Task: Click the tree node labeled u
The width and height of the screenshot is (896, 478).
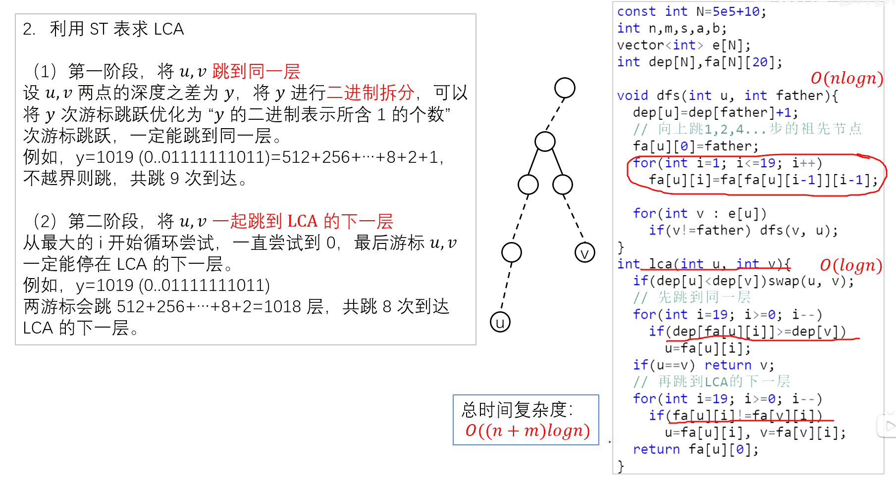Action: coord(500,322)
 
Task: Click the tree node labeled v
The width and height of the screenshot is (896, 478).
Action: coord(584,253)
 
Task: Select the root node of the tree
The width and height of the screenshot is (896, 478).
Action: coord(565,88)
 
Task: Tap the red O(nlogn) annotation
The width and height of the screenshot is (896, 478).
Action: coord(846,78)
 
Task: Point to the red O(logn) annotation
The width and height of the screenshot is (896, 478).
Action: coord(850,265)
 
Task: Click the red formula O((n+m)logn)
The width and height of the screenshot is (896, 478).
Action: coord(527,430)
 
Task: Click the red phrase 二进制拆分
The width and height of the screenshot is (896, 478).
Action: coord(370,93)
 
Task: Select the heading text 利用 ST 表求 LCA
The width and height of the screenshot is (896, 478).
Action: coord(117,29)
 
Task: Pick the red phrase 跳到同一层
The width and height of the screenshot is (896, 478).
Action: coord(256,71)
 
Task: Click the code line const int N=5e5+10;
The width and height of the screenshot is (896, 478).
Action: coord(691,11)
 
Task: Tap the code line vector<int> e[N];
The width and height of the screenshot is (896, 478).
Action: coord(684,45)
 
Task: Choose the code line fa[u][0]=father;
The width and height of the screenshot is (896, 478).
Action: coord(695,146)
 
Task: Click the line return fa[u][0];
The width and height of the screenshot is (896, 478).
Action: coord(695,449)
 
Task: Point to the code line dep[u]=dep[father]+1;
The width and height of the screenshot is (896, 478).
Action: coord(715,112)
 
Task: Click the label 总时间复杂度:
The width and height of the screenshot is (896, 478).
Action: coord(517,410)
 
